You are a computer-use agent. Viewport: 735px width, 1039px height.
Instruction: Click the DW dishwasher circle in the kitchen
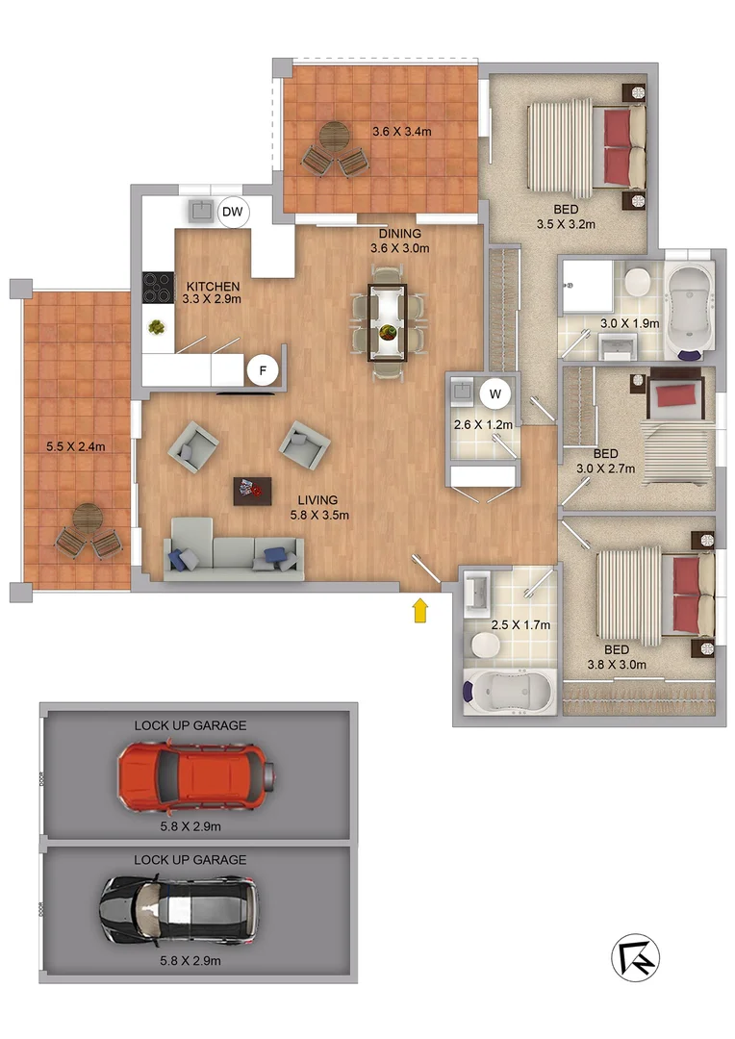(x=233, y=212)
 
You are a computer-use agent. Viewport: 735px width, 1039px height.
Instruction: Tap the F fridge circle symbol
(x=261, y=369)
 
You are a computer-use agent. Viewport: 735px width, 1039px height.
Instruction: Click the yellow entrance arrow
(x=420, y=610)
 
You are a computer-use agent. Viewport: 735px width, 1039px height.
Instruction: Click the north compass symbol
(x=636, y=957)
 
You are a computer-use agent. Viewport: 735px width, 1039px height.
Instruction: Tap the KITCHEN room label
(x=213, y=287)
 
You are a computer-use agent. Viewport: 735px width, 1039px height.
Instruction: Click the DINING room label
(x=398, y=233)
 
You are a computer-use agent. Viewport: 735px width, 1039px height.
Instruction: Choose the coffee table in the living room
(x=252, y=490)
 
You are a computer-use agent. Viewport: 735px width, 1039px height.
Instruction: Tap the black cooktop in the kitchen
(x=157, y=286)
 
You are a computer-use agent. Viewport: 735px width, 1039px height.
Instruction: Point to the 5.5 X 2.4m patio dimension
(x=75, y=446)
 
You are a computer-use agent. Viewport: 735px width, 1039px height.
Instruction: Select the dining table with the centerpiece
(x=389, y=321)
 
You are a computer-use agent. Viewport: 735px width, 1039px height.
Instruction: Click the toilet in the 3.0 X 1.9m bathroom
(x=636, y=282)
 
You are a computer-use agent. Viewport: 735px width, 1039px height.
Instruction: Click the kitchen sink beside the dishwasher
(x=202, y=210)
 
